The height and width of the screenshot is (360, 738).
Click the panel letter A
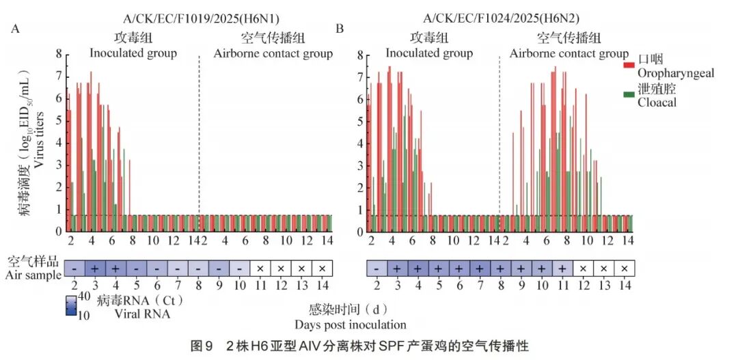[x=15, y=29]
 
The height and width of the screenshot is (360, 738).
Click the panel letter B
[x=340, y=29]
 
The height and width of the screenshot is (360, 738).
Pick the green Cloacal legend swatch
[x=629, y=95]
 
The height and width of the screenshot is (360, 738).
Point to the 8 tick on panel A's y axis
[x=59, y=55]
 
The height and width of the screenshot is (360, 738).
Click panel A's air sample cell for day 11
[x=261, y=268]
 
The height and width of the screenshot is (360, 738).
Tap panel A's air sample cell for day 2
[x=73, y=268]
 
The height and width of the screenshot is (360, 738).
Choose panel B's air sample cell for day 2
[x=377, y=268]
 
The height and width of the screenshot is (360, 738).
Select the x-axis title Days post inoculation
[x=351, y=324]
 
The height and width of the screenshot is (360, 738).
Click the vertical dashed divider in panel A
[x=199, y=137]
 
